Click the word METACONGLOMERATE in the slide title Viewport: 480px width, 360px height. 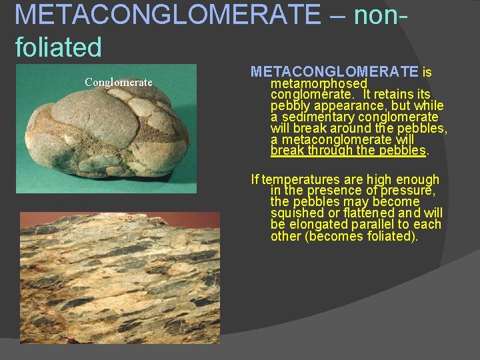(x=167, y=15)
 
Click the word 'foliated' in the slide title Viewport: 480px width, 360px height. (x=58, y=47)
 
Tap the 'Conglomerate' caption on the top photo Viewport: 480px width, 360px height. (x=119, y=83)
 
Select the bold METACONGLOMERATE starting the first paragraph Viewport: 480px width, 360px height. (x=334, y=71)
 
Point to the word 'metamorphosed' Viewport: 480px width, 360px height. (x=319, y=83)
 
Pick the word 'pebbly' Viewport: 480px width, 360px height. (x=291, y=106)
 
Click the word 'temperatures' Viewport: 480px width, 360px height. (x=297, y=179)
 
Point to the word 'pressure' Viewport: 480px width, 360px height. (x=411, y=191)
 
